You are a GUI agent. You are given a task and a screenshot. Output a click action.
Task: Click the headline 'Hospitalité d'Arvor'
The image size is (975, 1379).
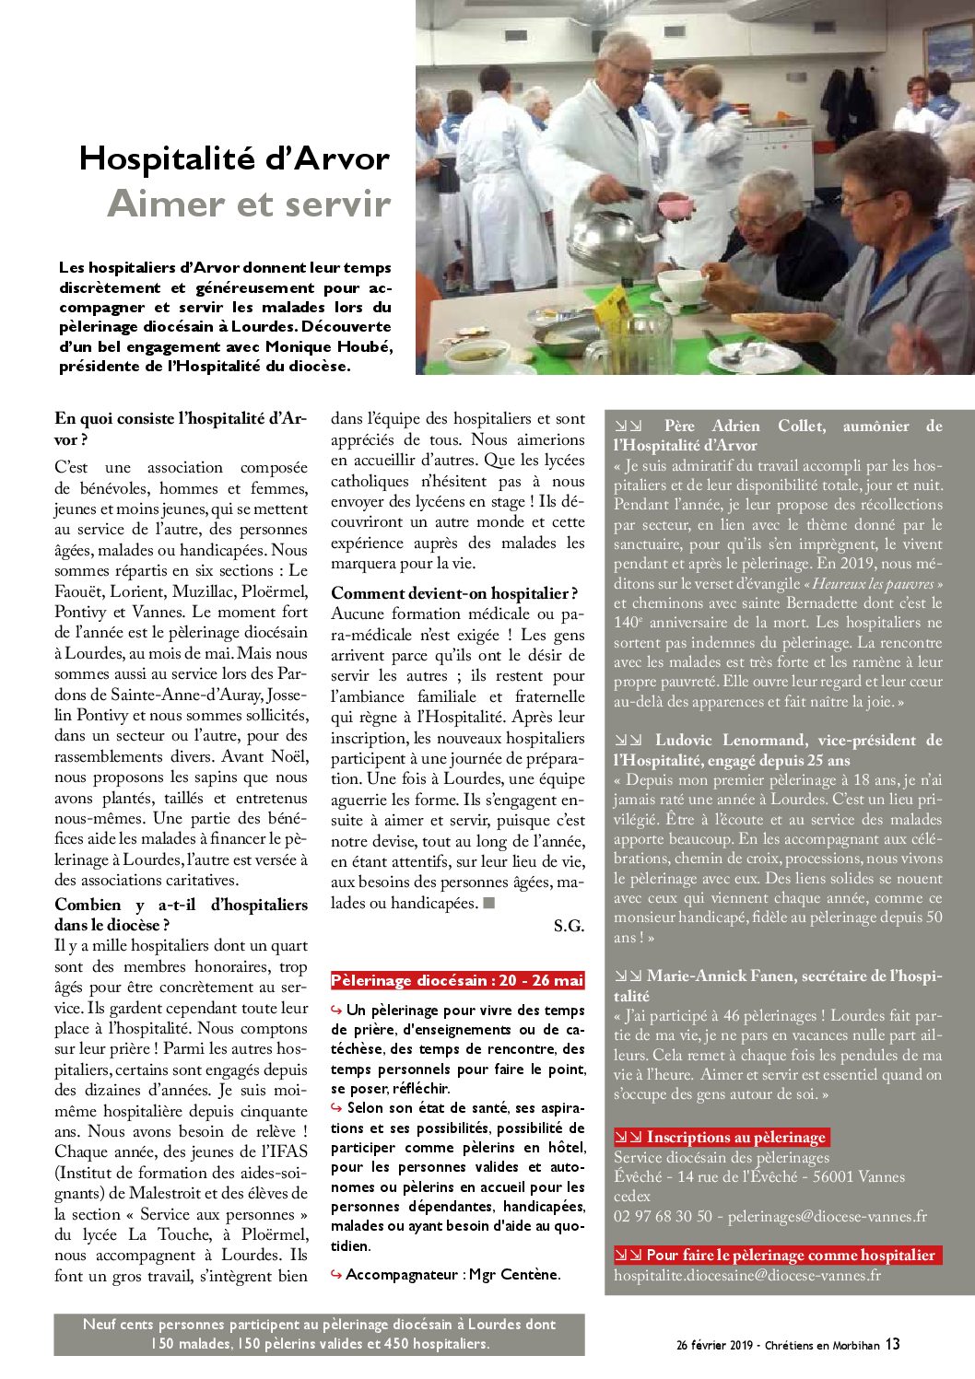pyautogui.click(x=234, y=158)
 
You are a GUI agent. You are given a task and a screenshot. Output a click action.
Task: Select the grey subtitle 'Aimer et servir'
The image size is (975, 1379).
pyautogui.click(x=249, y=204)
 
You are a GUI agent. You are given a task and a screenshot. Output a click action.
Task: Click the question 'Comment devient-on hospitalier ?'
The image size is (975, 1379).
pyautogui.click(x=454, y=593)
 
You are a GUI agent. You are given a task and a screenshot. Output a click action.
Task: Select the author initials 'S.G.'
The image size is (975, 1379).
pyautogui.click(x=569, y=926)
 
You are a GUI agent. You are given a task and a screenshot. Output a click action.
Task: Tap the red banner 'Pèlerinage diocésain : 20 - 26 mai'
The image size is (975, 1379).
pyautogui.click(x=457, y=980)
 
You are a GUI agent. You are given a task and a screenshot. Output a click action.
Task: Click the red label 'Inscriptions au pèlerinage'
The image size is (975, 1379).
pyautogui.click(x=722, y=1137)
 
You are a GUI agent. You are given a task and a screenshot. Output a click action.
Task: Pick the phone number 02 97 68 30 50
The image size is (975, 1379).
pyautogui.click(x=663, y=1217)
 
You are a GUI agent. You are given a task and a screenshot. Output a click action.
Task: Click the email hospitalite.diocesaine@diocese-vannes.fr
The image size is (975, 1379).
pyautogui.click(x=747, y=1276)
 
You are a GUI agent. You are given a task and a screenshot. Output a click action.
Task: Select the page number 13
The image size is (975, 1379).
pyautogui.click(x=892, y=1344)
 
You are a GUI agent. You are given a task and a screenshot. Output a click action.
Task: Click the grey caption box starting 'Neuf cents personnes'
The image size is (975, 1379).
pyautogui.click(x=319, y=1334)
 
